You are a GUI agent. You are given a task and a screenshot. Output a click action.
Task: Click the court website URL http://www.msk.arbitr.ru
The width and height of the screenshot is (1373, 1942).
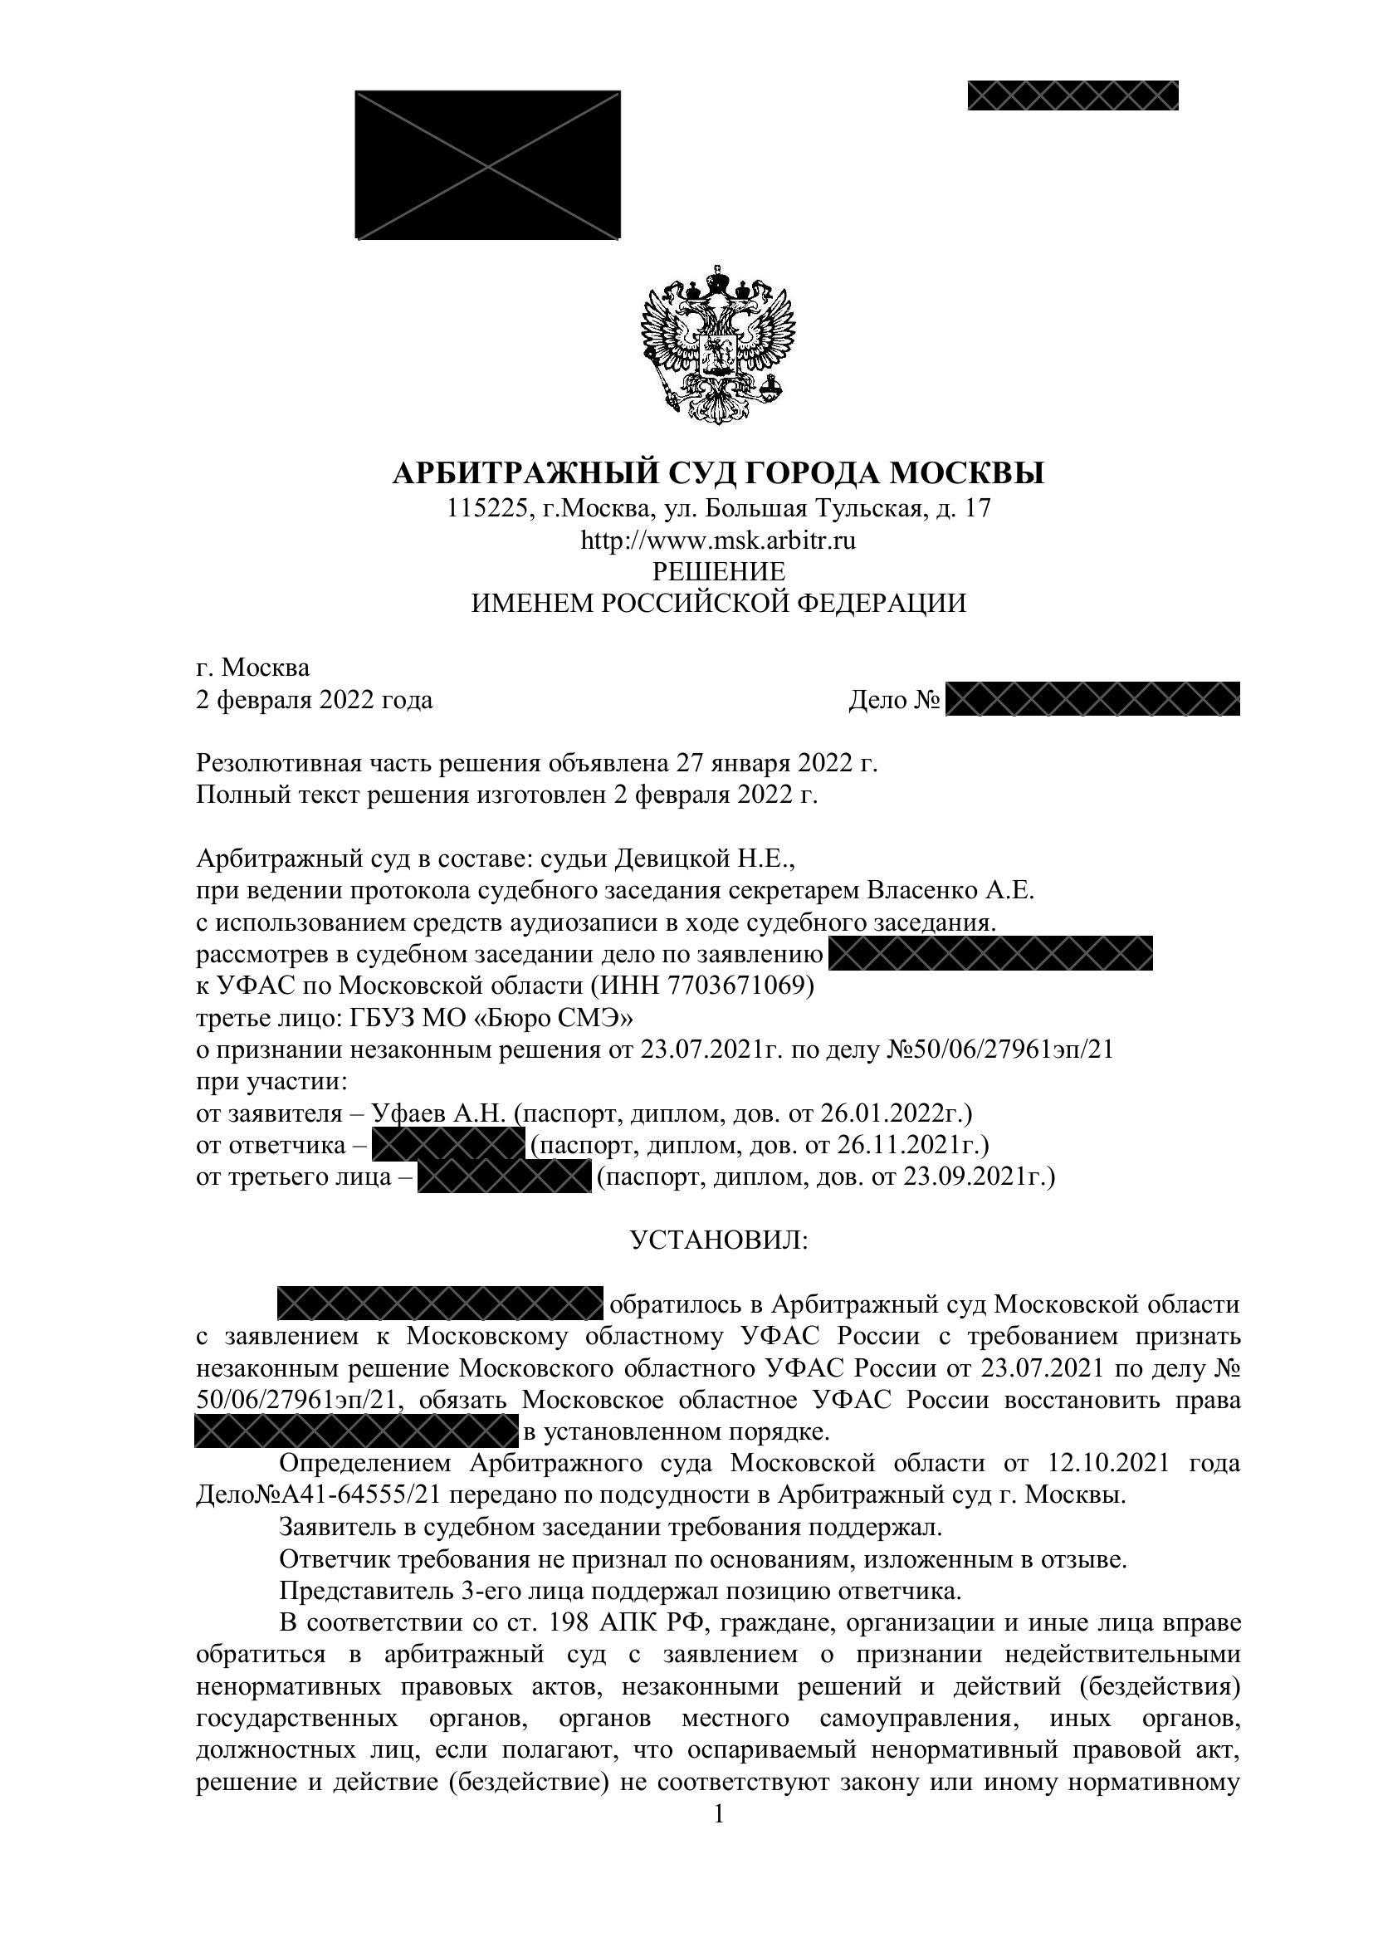click(718, 540)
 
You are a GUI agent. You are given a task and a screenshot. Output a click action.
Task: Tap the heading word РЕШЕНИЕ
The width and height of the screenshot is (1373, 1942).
click(718, 571)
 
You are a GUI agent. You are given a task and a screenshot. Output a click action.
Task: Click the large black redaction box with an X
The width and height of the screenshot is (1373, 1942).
click(488, 165)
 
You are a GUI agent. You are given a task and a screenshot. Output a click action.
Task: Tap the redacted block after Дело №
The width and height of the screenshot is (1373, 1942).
click(1092, 699)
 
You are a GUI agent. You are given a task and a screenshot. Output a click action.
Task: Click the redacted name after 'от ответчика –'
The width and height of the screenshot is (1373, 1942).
click(448, 1146)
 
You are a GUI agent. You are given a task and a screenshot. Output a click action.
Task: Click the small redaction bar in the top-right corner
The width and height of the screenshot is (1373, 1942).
click(1073, 95)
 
